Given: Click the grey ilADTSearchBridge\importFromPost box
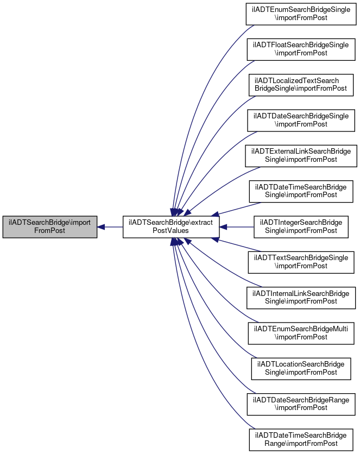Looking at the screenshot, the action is tap(50, 227).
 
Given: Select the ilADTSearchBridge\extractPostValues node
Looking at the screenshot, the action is tap(170, 227).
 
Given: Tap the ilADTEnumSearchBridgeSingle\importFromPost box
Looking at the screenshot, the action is tap(301, 14).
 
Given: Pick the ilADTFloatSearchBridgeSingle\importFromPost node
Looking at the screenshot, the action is tap(301, 49).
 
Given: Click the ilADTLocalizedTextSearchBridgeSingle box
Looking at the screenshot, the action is tap(301, 85).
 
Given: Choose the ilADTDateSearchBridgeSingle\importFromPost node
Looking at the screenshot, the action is tap(301, 121).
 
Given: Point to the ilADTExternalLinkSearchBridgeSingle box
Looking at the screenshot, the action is tap(301, 156).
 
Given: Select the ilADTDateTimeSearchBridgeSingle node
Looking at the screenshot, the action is tap(301, 191).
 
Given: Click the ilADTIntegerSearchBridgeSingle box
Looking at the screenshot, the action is tap(301, 227).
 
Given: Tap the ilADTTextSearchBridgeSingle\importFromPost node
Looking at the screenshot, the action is tap(301, 262).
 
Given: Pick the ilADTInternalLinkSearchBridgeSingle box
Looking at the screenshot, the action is tap(301, 298).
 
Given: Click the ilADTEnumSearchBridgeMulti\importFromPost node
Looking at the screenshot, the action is tap(301, 333).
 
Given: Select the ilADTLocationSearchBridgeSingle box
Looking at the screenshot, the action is tap(301, 369).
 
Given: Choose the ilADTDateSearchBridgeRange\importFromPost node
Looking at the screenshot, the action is tap(301, 405).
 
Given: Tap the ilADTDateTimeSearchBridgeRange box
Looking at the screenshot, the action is tap(301, 440).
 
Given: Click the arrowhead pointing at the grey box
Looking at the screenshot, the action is tap(100, 227).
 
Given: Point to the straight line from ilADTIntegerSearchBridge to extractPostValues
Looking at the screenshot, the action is tap(236, 227).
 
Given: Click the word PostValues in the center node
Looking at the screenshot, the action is tap(170, 231).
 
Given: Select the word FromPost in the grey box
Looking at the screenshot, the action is tap(50, 231).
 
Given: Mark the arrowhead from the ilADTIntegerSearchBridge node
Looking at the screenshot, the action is tap(223, 227).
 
